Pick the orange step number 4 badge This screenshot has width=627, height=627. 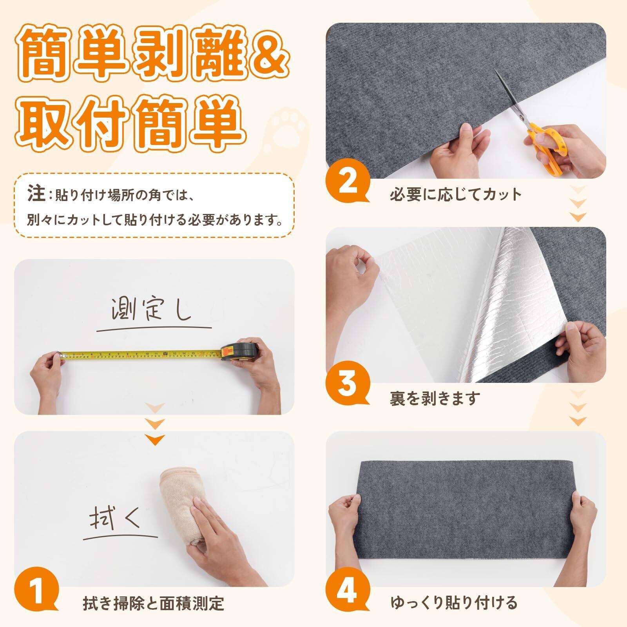click(347, 589)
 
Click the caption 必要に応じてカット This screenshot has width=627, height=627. click(455, 194)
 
